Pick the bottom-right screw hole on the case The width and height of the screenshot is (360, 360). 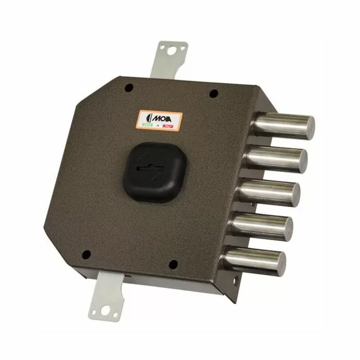(173, 264)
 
